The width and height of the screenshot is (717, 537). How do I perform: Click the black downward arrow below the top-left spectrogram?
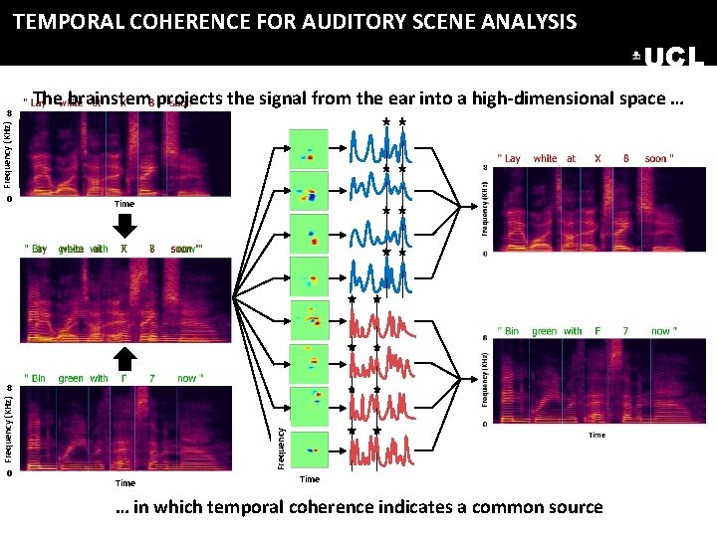(124, 225)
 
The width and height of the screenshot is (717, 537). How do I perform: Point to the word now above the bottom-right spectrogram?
(661, 331)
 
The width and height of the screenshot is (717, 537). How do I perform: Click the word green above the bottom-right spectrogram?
(545, 331)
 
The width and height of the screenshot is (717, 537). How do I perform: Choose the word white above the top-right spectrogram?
(545, 158)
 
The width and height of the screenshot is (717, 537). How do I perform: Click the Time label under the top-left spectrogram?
(123, 204)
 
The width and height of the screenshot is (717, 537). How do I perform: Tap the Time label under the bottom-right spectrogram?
(596, 435)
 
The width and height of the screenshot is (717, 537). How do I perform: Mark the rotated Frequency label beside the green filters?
(281, 447)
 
